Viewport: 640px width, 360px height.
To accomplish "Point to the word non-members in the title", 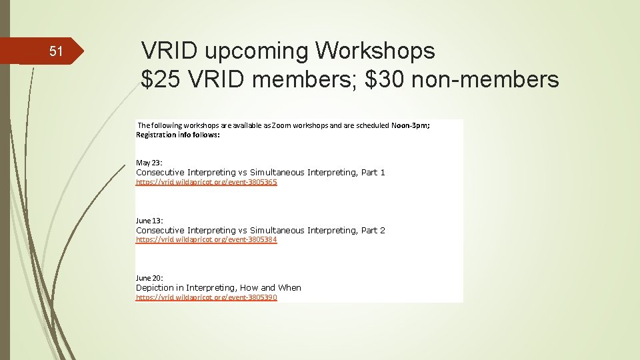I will [485, 80].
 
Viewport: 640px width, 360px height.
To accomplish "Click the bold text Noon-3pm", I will [410, 125].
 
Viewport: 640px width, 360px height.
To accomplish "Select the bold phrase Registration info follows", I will [177, 134].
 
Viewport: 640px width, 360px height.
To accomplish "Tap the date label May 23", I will [149, 163].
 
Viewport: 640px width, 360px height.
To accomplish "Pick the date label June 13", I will [149, 220].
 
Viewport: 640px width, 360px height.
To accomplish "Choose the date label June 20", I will [149, 277].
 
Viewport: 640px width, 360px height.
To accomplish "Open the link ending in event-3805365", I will [206, 182].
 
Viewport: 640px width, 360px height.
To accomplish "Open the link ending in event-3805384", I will [206, 239].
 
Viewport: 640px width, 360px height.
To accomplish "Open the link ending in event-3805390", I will [206, 297].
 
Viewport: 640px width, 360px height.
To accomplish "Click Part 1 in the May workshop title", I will [373, 173].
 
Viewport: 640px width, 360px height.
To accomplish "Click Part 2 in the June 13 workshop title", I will [373, 231].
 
